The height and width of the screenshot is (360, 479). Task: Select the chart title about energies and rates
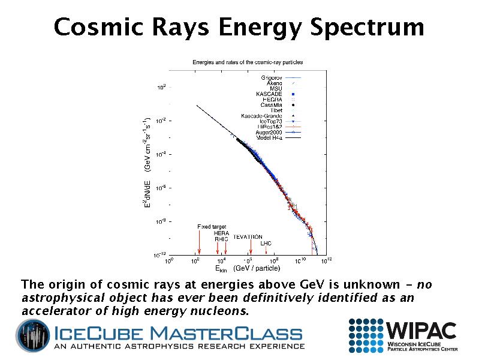[247, 62]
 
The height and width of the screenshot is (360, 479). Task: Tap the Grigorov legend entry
[272, 77]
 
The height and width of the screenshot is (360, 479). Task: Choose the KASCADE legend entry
[269, 94]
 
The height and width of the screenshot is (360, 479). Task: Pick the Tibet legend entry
[276, 110]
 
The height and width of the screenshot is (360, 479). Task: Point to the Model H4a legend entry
[269, 138]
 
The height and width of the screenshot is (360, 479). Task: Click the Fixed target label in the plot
[212, 226]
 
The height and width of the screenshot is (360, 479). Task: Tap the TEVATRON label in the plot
[248, 237]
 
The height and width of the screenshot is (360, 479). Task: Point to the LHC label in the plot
[266, 243]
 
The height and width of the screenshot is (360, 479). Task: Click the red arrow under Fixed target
[199, 243]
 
